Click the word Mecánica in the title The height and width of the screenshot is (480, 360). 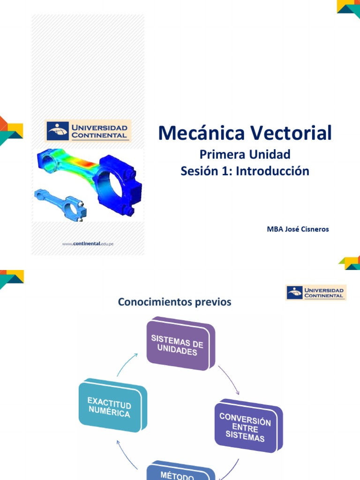tap(202, 133)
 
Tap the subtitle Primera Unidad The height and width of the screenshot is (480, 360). tap(245, 154)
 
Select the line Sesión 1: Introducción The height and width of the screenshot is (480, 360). tap(245, 171)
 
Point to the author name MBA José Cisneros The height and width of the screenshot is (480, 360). tap(298, 229)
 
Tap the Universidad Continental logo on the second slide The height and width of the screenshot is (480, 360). tap(316, 292)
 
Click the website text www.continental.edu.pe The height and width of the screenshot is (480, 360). tap(88, 244)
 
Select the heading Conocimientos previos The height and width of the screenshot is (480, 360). tap(175, 302)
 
